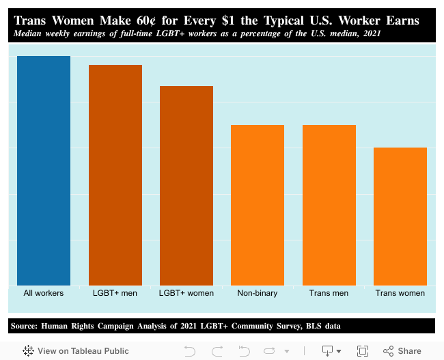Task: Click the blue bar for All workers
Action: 44,171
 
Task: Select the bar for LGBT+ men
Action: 115,175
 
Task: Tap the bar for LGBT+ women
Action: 186,186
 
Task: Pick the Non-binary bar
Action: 258,205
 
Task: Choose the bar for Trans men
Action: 329,205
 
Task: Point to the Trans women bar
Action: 400,217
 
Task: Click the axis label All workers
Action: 44,293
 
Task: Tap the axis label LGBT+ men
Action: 115,293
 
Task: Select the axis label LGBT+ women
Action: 186,293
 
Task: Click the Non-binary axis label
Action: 258,293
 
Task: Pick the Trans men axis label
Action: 329,293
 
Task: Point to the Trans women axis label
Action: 400,293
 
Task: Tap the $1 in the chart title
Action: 221,20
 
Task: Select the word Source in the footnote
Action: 24,326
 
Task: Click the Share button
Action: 402,350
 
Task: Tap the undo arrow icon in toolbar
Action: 190,350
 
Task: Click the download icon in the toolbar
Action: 327,350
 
